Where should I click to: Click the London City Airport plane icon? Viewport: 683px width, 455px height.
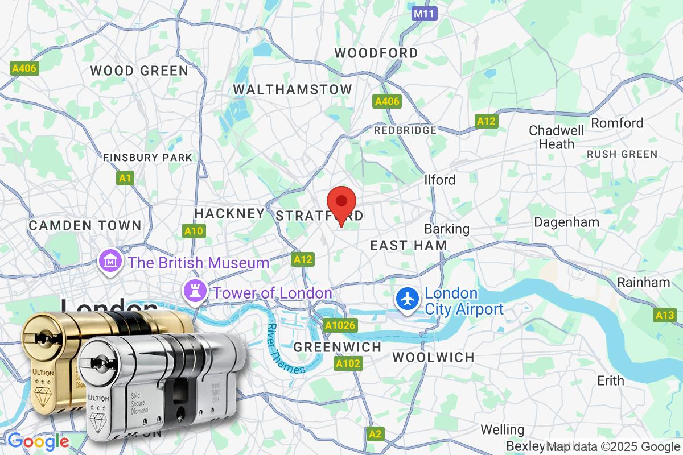[x=408, y=299]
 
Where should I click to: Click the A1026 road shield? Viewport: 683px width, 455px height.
[x=340, y=325]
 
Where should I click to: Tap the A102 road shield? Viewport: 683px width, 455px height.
[x=348, y=363]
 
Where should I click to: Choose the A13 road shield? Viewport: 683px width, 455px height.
[x=664, y=315]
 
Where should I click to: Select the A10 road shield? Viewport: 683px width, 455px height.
[x=194, y=231]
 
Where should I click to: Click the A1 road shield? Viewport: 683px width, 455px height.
[x=125, y=179]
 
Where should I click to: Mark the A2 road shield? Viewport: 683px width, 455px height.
[x=375, y=434]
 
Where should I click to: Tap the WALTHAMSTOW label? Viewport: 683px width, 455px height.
[x=293, y=89]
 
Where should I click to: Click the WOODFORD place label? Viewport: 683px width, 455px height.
[x=376, y=53]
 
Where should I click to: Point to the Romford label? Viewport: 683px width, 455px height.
[x=617, y=123]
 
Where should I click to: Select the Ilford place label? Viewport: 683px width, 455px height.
[x=440, y=180]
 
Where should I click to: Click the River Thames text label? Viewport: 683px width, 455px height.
[x=285, y=348]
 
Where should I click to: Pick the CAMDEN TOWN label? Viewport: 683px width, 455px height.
[x=85, y=225]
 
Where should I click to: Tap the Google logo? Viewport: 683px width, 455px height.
[x=38, y=441]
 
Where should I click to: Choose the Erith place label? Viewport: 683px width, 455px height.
[x=610, y=380]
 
